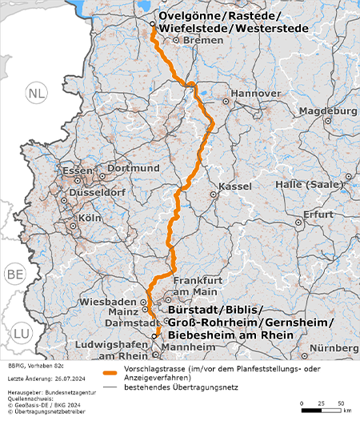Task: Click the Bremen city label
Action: coord(202,39)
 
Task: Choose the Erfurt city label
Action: coord(318,215)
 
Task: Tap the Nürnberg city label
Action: coord(334,348)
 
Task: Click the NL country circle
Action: coord(36,94)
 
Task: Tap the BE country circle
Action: coord(15,275)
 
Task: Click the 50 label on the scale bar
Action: coord(341,402)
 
